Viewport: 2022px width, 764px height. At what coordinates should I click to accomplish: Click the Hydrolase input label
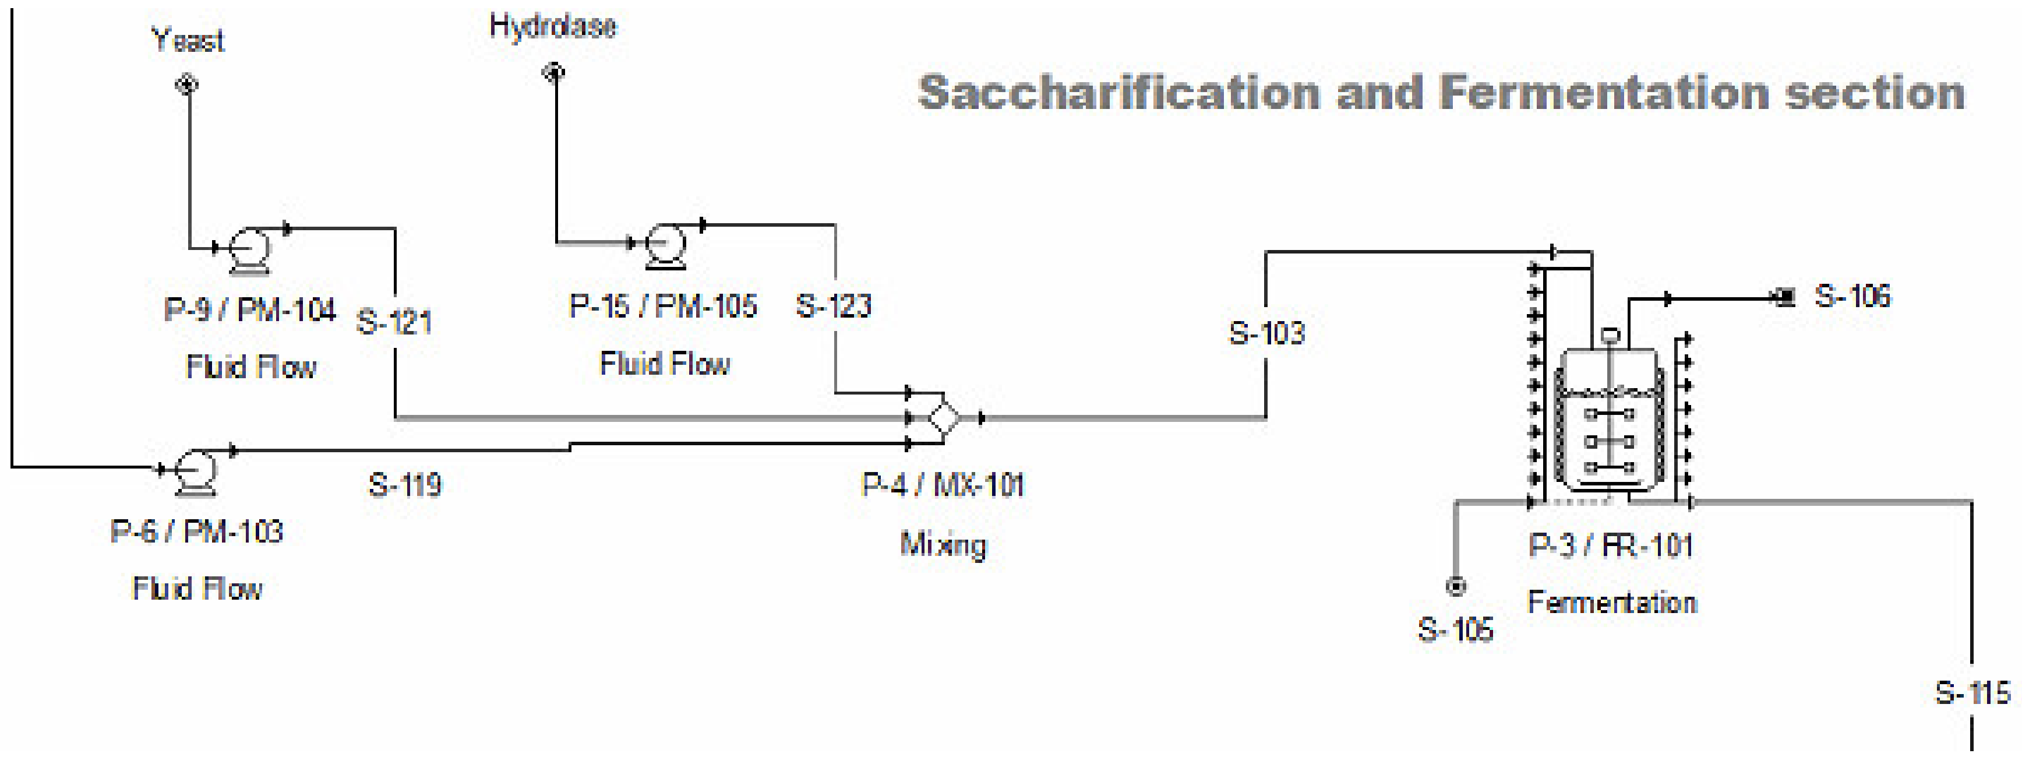(x=553, y=26)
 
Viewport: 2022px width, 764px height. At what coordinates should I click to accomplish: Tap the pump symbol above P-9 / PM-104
(x=249, y=248)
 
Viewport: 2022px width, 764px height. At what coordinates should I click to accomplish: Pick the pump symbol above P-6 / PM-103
(x=195, y=470)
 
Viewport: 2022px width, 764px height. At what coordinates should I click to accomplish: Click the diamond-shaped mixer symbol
(x=944, y=417)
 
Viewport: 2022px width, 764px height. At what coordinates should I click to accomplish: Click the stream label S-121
(x=394, y=322)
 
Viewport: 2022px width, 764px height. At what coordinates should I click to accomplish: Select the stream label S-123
(x=833, y=305)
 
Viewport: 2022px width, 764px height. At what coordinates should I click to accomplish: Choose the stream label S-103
(x=1266, y=333)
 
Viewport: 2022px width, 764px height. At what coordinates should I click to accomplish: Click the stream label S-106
(x=1852, y=296)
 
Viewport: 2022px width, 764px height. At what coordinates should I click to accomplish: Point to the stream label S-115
(x=1972, y=692)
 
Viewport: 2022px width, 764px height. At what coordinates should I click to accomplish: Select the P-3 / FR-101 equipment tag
(x=1611, y=545)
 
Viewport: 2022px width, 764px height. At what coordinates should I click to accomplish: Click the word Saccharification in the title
(x=1119, y=93)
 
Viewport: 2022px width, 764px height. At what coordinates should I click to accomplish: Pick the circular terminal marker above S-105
(x=1456, y=586)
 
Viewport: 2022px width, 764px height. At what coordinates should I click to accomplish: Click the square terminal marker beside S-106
(x=1784, y=298)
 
